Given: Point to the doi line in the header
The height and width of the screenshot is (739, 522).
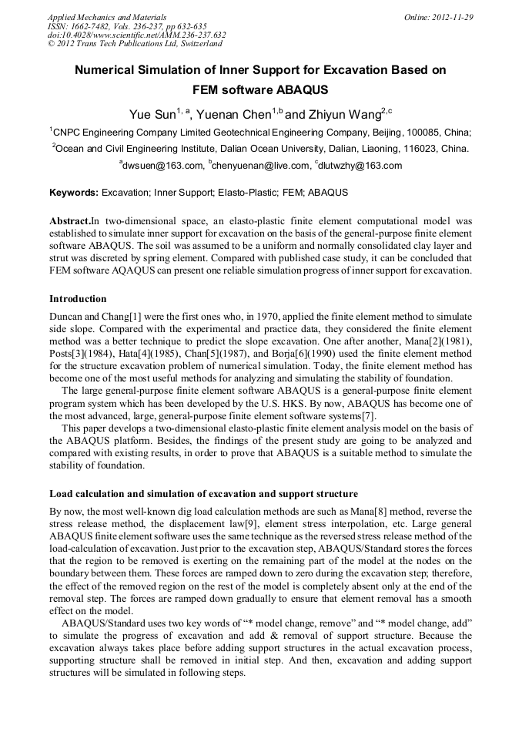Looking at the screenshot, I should click(136, 35).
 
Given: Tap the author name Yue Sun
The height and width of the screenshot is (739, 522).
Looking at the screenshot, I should click(152, 115).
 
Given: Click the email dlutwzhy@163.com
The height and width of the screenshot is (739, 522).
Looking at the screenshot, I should click(361, 166).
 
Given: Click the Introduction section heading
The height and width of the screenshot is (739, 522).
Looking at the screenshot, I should click(78, 298).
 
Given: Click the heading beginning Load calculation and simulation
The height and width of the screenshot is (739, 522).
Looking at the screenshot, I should click(203, 494).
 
